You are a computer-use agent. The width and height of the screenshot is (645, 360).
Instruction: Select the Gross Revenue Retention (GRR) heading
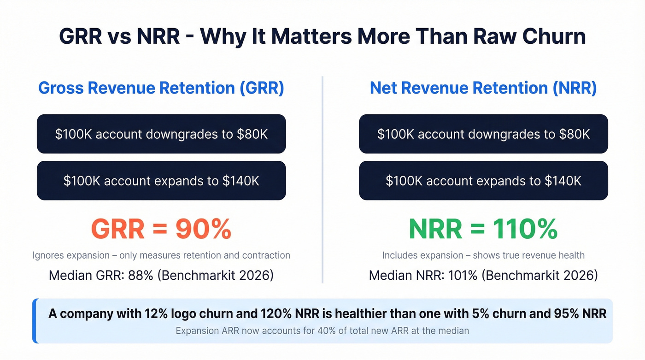(161, 88)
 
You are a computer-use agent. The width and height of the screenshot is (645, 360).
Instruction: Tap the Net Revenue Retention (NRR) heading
(483, 88)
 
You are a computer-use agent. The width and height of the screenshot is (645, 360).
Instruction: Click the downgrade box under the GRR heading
(161, 134)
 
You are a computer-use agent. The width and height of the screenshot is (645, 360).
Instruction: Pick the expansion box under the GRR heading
(161, 181)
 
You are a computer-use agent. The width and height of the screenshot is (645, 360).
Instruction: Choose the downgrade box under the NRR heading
(483, 134)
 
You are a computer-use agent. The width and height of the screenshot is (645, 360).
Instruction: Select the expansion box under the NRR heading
(483, 181)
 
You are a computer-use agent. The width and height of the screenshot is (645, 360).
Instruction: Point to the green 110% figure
(525, 229)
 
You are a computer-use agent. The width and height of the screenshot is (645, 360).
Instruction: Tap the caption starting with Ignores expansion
(161, 255)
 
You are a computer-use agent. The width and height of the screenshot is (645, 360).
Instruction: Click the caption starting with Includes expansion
(483, 255)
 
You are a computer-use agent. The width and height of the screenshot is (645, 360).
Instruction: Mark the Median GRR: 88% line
(161, 276)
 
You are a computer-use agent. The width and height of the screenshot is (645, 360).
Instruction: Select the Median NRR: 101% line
(483, 276)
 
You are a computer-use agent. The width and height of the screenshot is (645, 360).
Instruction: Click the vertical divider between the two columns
(322, 180)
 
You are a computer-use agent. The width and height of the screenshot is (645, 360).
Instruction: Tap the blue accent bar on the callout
(35, 321)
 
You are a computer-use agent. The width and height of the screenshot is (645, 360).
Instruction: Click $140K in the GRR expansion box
(240, 181)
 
